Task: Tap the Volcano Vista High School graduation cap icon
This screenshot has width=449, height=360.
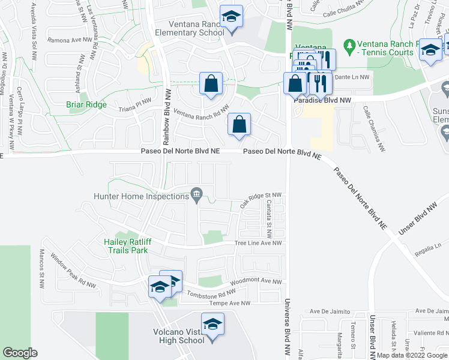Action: [x=211, y=325]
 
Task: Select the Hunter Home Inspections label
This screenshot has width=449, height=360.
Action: [x=141, y=196]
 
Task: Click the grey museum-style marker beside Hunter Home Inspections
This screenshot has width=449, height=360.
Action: [x=196, y=194]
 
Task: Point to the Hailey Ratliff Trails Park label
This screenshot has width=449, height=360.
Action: [x=124, y=246]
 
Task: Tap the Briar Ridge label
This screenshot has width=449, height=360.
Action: [x=86, y=104]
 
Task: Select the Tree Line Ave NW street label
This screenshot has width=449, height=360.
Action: [x=258, y=243]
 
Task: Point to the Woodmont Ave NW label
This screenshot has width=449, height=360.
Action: [x=255, y=281]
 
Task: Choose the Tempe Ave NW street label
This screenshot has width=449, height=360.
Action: [x=229, y=304]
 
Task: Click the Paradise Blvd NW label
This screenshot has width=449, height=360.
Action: [x=321, y=101]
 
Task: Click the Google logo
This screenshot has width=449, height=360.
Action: [x=20, y=353]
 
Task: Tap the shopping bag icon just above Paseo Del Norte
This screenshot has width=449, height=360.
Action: [x=239, y=125]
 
